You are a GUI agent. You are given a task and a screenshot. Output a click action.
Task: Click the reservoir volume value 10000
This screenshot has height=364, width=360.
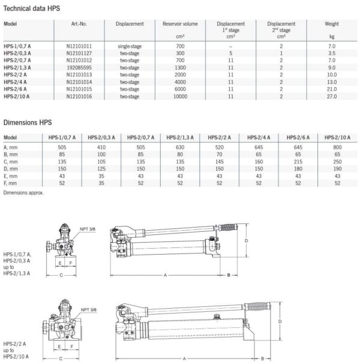click(172, 96)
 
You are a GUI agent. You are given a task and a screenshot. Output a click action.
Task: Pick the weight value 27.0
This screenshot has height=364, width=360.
click(328, 96)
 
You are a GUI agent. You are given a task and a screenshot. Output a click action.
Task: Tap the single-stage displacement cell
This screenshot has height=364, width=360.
click(131, 46)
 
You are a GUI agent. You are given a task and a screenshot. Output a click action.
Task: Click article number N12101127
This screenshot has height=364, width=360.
click(80, 52)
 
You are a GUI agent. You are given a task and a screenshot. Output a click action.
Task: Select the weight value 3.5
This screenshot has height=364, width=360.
click(328, 52)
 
